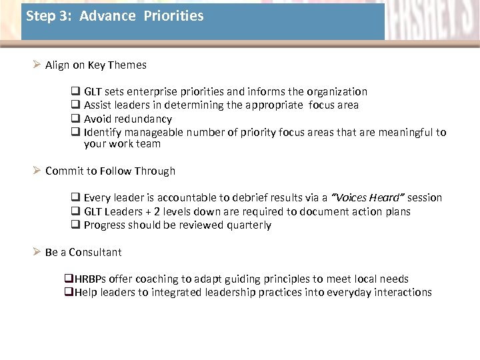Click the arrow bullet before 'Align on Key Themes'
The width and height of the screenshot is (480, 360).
[x=37, y=65]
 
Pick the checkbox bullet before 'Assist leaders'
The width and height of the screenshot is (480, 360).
[x=75, y=105]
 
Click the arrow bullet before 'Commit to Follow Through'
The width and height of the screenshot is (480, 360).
[x=37, y=171]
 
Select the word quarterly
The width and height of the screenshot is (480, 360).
[x=249, y=225]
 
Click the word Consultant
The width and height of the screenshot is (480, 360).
[x=95, y=252]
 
